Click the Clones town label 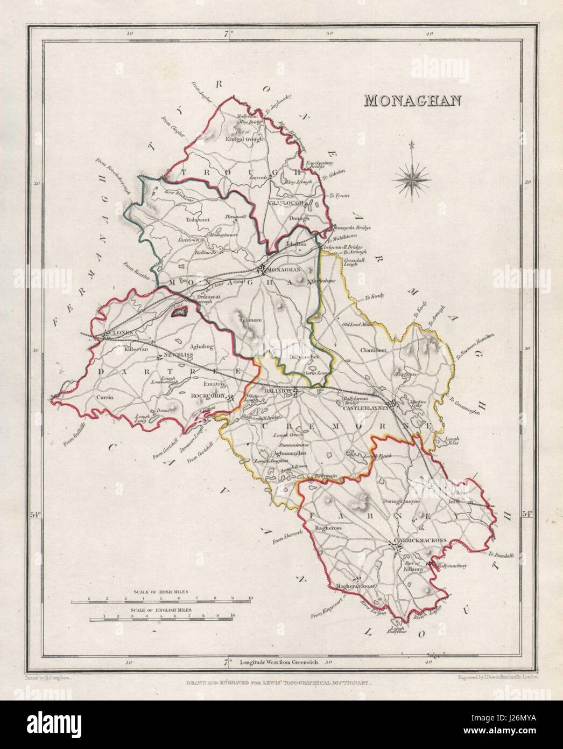tap(120, 334)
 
